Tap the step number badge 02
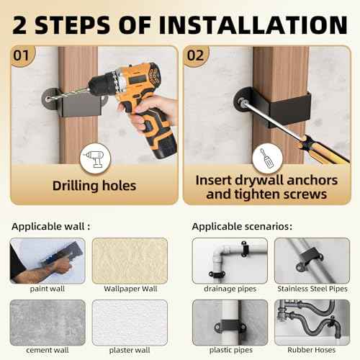197,55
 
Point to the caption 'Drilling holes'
94,186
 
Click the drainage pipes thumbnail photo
229,260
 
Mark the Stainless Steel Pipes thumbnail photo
312,260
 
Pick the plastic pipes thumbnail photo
229,321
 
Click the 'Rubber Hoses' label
312,350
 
